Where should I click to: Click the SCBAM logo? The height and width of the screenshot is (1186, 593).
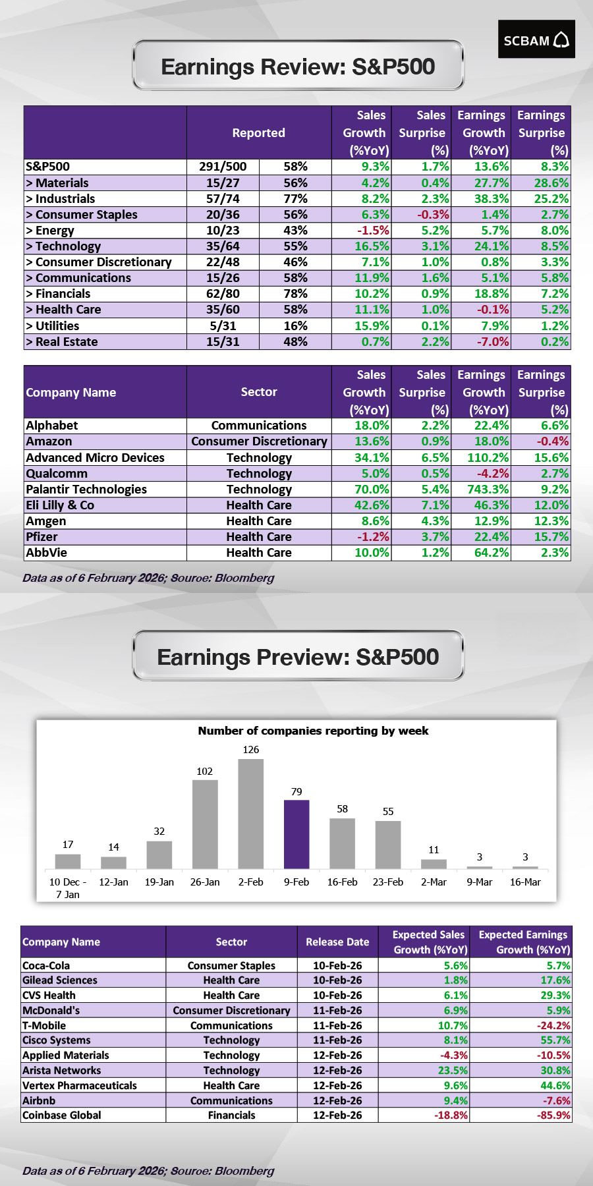[x=536, y=40]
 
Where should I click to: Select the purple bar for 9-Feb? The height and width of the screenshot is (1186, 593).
[x=296, y=834]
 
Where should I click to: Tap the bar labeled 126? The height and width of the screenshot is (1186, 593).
[x=250, y=814]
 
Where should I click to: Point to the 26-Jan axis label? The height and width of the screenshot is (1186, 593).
[x=205, y=882]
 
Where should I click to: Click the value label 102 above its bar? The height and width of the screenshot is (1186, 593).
[x=205, y=772]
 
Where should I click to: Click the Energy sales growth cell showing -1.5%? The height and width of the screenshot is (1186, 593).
[x=362, y=231]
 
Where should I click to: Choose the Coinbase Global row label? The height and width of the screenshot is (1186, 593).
[x=62, y=1115]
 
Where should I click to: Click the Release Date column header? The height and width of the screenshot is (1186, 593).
[x=337, y=942]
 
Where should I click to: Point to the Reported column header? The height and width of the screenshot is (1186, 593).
[x=259, y=133]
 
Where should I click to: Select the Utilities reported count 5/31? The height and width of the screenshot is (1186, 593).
[x=223, y=326]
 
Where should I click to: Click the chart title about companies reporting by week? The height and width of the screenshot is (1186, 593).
[x=313, y=731]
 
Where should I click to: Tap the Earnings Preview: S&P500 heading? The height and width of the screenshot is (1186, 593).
[x=298, y=658]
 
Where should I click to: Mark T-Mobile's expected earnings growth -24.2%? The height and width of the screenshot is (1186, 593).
[x=522, y=1026]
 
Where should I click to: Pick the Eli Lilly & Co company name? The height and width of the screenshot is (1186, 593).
[x=60, y=505]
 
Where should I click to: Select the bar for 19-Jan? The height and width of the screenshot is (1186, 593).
[x=159, y=855]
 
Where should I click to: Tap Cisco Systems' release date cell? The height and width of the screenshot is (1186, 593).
[x=337, y=1040]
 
